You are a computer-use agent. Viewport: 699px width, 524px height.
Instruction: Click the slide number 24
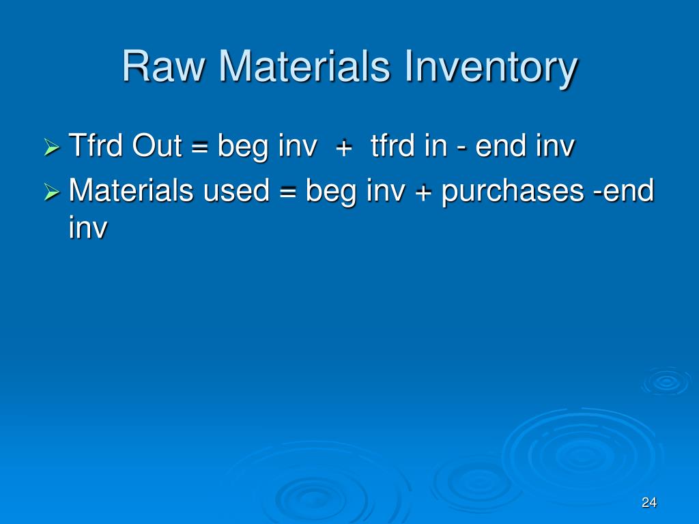(x=648, y=503)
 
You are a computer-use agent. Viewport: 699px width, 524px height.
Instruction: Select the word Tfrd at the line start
(x=97, y=146)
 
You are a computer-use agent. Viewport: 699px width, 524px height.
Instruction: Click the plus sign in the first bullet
(x=343, y=148)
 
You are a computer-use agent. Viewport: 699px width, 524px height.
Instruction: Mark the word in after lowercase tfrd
(x=435, y=146)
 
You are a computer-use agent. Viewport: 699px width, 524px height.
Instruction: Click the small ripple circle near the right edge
(x=665, y=382)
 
